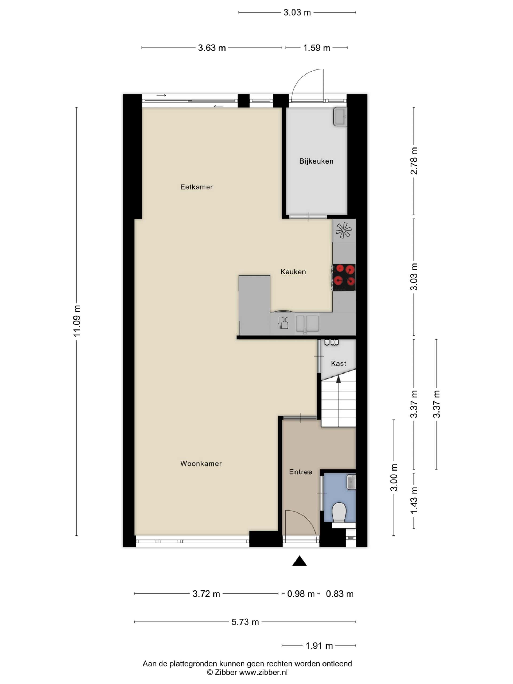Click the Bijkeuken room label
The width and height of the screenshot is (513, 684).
tap(316, 161)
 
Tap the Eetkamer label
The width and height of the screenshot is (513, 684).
tap(196, 187)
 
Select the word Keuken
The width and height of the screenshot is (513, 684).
tap(293, 272)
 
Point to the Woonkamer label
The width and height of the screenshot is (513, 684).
tap(201, 464)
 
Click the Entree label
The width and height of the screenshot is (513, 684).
tap(300, 472)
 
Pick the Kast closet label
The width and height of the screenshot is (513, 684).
tap(338, 363)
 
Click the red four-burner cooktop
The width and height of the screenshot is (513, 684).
tap(344, 277)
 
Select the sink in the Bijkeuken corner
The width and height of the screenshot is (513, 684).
tap(340, 116)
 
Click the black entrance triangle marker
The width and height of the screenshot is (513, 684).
tap(299, 561)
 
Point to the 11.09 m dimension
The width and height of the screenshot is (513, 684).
tap(77, 321)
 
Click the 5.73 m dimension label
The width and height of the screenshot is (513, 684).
tap(245, 622)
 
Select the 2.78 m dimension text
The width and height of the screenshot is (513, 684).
tap(414, 161)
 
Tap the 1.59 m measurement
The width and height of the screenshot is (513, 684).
tap(316, 48)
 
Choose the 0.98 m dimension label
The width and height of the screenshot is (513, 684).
tap(301, 594)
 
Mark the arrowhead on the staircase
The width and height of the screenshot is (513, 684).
tap(338, 379)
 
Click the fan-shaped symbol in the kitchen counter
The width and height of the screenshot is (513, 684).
tap(344, 230)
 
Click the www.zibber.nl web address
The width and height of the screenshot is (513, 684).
tap(264, 672)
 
